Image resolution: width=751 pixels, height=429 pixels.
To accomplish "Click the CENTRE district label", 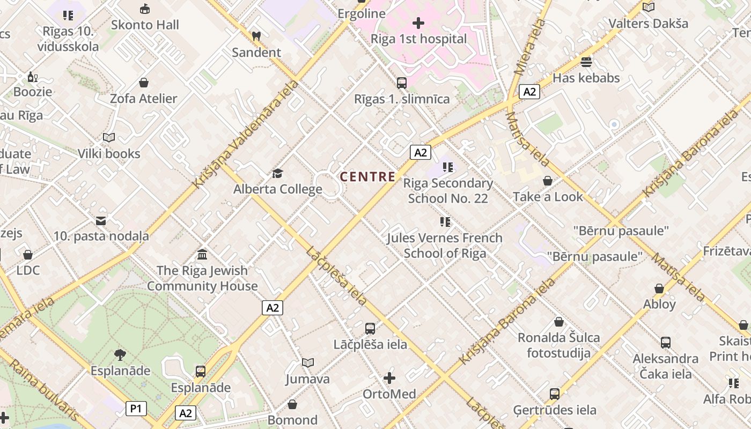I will pos(368,176).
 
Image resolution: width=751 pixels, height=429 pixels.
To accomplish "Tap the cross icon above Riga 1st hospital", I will pos(418,23).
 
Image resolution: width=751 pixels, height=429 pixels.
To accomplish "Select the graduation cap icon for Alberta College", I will pos(277,173).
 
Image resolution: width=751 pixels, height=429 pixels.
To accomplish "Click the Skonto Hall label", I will pos(145,25).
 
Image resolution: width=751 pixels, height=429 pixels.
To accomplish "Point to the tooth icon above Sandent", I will pos(256,36).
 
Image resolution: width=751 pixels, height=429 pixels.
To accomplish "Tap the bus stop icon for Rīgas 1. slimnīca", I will pos(402,83).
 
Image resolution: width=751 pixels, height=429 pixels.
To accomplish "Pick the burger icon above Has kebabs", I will pos(586,62).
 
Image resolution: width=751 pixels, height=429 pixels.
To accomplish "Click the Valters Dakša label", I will pos(648,24).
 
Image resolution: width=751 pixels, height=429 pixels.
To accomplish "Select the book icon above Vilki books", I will pos(109,138).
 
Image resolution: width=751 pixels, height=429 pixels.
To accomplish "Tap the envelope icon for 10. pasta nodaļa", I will pos(101,220).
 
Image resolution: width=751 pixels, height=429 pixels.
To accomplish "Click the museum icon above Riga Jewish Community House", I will pos(202,254).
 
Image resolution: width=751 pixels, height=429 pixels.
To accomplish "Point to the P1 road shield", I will pos(136,409).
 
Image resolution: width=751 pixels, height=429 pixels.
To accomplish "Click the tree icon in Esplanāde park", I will pos(120,354).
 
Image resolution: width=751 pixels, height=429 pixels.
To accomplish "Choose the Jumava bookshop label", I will pos(307,379).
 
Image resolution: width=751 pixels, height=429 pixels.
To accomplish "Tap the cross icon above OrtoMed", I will pos(389,378).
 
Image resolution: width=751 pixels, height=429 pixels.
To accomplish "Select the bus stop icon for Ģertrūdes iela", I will pos(555,394).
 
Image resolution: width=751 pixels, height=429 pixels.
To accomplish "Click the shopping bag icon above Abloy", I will pos(659,289).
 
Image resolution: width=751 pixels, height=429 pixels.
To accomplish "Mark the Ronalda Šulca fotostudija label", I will pos(558,345).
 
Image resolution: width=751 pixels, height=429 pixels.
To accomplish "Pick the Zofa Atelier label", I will pos(143,99).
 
